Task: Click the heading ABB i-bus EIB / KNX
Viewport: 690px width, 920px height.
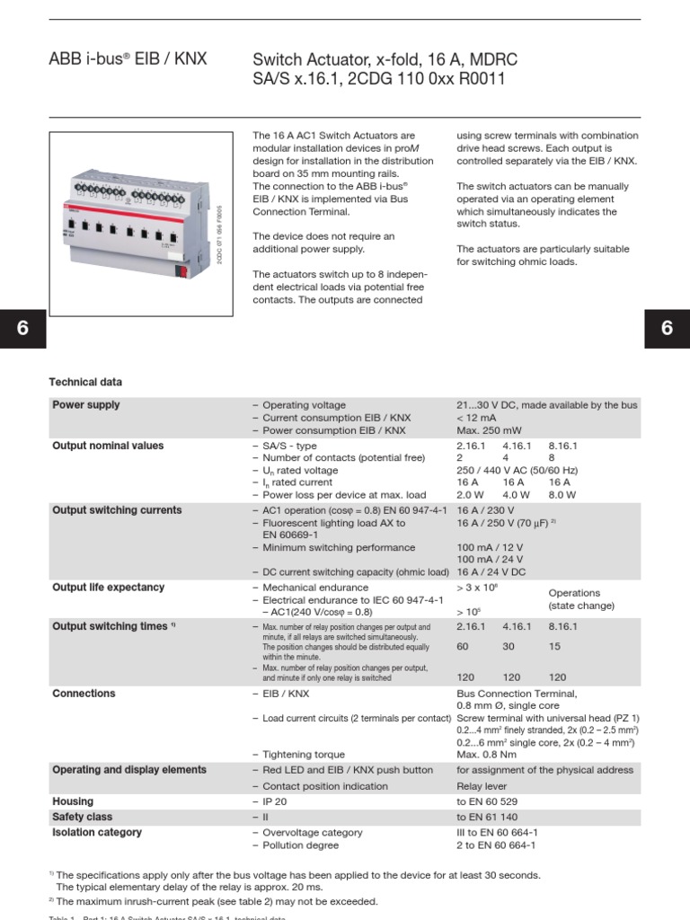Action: pos(128,59)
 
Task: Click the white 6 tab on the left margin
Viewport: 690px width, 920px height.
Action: pos(22,329)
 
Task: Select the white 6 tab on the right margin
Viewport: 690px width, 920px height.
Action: pos(667,329)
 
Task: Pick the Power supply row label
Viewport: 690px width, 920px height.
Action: pos(86,405)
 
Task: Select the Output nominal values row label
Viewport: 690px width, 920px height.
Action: pos(108,446)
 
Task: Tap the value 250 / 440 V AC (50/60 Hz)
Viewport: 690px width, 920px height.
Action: pos(517,470)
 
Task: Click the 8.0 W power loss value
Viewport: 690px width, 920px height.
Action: pos(562,494)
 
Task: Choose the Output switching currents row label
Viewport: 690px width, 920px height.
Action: pos(117,510)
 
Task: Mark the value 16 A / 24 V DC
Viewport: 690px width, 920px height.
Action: pos(491,571)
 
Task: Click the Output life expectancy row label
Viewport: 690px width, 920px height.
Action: pos(109,588)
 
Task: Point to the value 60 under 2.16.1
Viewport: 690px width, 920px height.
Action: pos(464,646)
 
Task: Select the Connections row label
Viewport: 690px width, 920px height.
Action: pos(84,694)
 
